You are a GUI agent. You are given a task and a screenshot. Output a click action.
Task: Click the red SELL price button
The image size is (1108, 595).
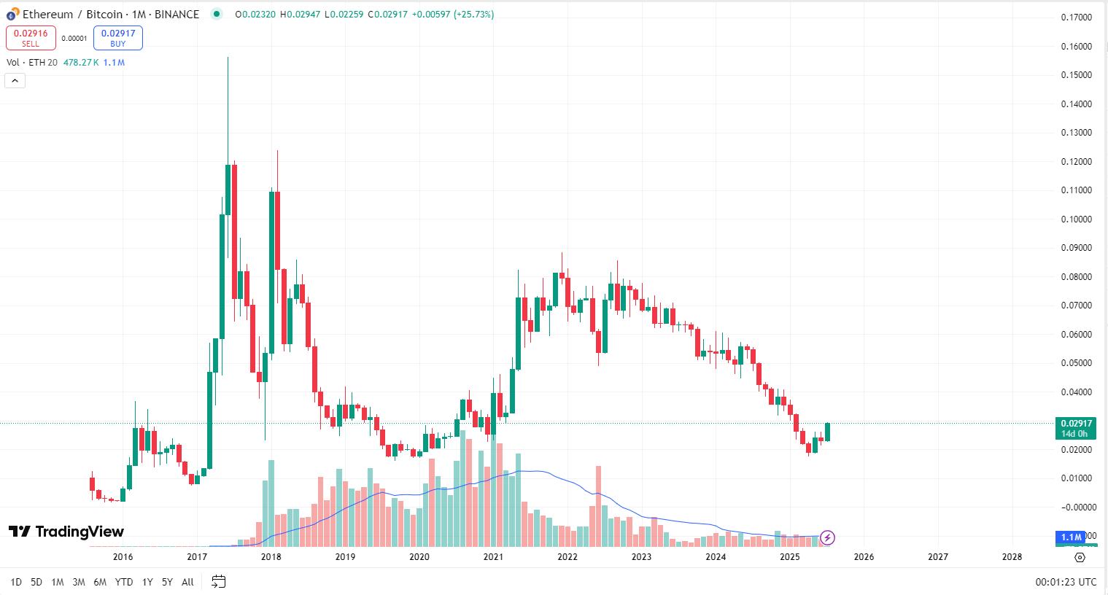click(x=31, y=38)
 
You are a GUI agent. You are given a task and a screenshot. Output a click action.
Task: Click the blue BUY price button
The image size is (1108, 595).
click(x=117, y=38)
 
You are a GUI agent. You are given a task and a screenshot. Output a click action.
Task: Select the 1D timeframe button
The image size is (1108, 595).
click(x=16, y=582)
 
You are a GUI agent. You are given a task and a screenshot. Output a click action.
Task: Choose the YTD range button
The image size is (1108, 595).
click(x=124, y=582)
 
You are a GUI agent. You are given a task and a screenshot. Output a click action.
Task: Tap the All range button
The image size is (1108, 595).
click(x=187, y=582)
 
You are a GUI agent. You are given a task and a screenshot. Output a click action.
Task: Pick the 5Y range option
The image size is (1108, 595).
click(x=167, y=582)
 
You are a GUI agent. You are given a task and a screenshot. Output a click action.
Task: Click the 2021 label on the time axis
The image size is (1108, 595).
click(x=493, y=557)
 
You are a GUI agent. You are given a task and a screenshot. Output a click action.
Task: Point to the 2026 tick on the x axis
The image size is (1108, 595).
click(x=864, y=557)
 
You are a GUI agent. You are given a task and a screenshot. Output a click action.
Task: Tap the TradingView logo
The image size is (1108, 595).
click(x=66, y=532)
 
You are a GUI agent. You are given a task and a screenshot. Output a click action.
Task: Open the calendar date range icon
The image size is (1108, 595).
click(x=218, y=582)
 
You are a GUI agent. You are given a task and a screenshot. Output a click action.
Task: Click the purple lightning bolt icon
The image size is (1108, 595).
click(x=827, y=538)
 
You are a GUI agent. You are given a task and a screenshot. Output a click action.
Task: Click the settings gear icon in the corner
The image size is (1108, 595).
click(x=1080, y=557)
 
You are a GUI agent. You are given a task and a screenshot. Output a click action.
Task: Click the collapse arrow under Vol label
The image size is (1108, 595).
click(x=15, y=80)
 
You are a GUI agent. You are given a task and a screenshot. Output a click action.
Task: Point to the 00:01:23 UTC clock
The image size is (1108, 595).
click(x=1066, y=582)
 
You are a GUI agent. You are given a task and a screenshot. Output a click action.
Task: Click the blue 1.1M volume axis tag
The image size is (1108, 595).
click(x=1071, y=537)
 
